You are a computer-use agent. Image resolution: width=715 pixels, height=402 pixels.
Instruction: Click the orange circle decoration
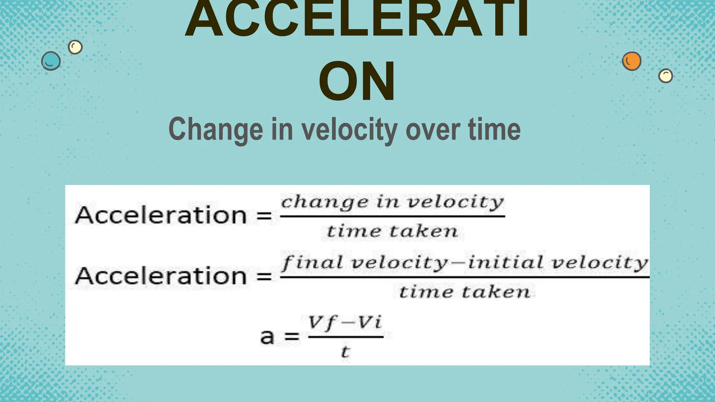[632, 61]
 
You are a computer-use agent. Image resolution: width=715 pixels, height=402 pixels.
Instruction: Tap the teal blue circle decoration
[51, 61]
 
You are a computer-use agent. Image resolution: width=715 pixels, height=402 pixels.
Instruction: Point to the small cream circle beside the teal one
[75, 47]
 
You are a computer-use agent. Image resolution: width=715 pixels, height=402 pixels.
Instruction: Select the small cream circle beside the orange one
[665, 76]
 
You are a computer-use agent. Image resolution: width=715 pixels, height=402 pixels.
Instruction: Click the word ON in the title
[357, 81]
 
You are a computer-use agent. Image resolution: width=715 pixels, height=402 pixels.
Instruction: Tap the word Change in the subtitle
[215, 129]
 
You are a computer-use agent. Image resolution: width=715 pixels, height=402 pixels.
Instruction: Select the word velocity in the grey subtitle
[349, 129]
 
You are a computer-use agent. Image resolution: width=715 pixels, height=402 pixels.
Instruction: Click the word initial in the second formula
[506, 262]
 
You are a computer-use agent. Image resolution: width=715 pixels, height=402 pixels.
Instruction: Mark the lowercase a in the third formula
[267, 337]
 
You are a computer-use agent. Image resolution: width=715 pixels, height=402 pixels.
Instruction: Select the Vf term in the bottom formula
[321, 323]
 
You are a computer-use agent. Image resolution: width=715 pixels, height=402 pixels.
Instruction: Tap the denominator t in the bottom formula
[345, 352]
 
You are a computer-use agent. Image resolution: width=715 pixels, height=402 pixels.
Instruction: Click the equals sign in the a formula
[292, 337]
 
